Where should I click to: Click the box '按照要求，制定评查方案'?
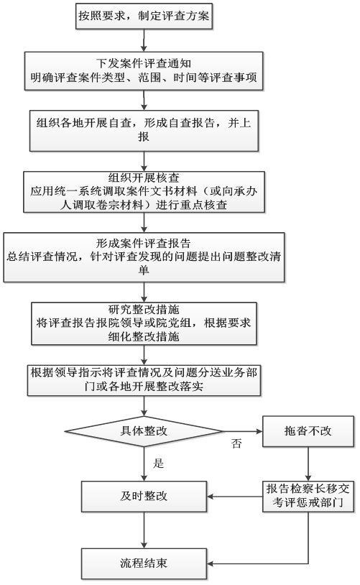pos(144,16)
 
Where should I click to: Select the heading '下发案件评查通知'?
pos(144,63)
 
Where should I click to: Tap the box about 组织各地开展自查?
pos(144,131)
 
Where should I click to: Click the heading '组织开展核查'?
pos(144,178)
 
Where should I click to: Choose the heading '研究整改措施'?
pos(144,309)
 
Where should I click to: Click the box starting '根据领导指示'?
pos(144,380)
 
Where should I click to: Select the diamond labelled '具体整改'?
pos(144,431)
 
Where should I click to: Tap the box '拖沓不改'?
pos(308,431)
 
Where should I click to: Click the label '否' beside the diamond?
pos(236,443)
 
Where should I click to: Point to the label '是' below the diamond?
pos(158,464)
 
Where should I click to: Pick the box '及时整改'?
pos(144,496)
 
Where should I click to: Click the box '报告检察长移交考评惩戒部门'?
pos(308,496)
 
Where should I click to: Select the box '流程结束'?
pos(144,563)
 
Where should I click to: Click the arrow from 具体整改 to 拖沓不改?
pos(243,431)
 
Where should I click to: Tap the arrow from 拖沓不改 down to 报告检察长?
pos(308,464)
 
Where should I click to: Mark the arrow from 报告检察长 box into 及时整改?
pos(235,497)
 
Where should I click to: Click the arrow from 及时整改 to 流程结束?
pos(144,530)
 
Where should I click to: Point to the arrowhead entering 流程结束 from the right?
pos(210,563)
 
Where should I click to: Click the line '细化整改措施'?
pos(144,336)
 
